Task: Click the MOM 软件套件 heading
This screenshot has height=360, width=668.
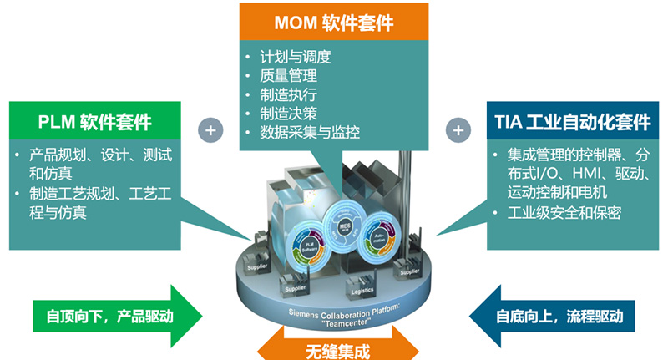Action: click(333, 18)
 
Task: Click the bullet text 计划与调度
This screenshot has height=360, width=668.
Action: click(297, 58)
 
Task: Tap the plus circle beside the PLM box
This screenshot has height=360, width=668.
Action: click(210, 130)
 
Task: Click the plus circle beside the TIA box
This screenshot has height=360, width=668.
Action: click(457, 130)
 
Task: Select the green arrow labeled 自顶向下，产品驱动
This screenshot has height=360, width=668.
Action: click(117, 317)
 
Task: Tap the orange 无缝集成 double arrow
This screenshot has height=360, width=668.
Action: click(333, 343)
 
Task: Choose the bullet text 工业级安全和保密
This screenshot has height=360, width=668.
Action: click(564, 212)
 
